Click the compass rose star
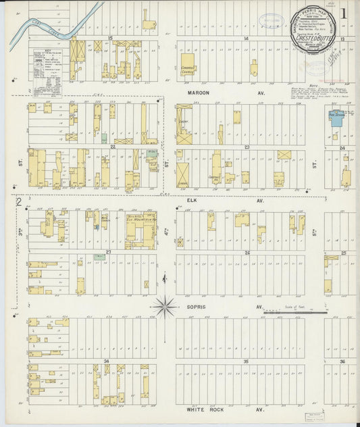(165, 306)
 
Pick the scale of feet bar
(294, 313)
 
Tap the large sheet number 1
(344, 12)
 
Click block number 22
(113, 147)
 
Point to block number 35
(247, 362)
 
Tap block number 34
(107, 362)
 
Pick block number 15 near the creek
(109, 39)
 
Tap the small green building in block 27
(99, 257)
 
